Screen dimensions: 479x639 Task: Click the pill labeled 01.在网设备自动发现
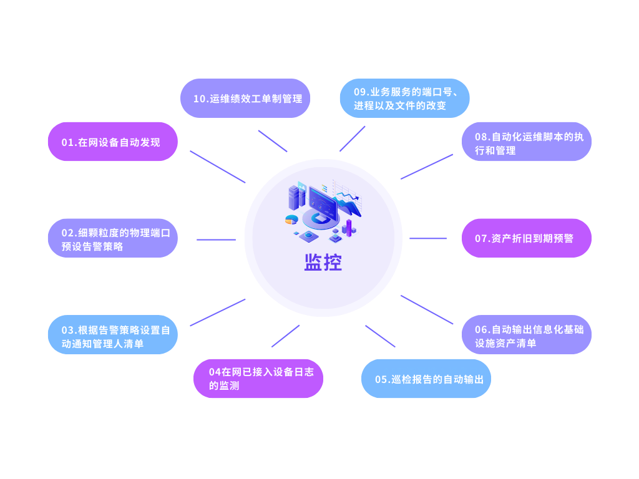click(x=112, y=142)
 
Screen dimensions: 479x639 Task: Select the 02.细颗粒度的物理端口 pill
click(x=112, y=238)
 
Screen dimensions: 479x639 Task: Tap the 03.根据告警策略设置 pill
click(x=112, y=335)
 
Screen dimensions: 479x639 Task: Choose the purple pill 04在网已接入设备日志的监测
click(x=258, y=379)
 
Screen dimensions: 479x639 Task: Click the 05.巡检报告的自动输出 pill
click(x=426, y=379)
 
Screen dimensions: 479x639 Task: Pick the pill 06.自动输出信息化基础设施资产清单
click(x=526, y=335)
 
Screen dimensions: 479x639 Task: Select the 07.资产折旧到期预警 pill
click(x=526, y=238)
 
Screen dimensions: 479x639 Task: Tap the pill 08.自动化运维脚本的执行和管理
click(x=526, y=142)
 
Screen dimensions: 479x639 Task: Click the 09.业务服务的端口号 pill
click(x=404, y=99)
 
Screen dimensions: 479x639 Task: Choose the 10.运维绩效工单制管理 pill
click(x=245, y=99)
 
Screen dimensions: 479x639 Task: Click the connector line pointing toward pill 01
click(x=218, y=167)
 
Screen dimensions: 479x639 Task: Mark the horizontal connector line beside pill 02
click(x=216, y=239)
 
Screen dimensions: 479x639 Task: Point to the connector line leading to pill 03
click(x=218, y=312)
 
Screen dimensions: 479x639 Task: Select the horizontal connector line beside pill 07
click(x=428, y=238)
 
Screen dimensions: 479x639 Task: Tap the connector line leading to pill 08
click(x=427, y=167)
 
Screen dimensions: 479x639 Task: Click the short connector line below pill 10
click(x=273, y=141)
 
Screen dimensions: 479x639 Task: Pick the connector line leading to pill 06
click(x=427, y=310)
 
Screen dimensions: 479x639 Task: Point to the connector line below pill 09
click(x=353, y=139)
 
